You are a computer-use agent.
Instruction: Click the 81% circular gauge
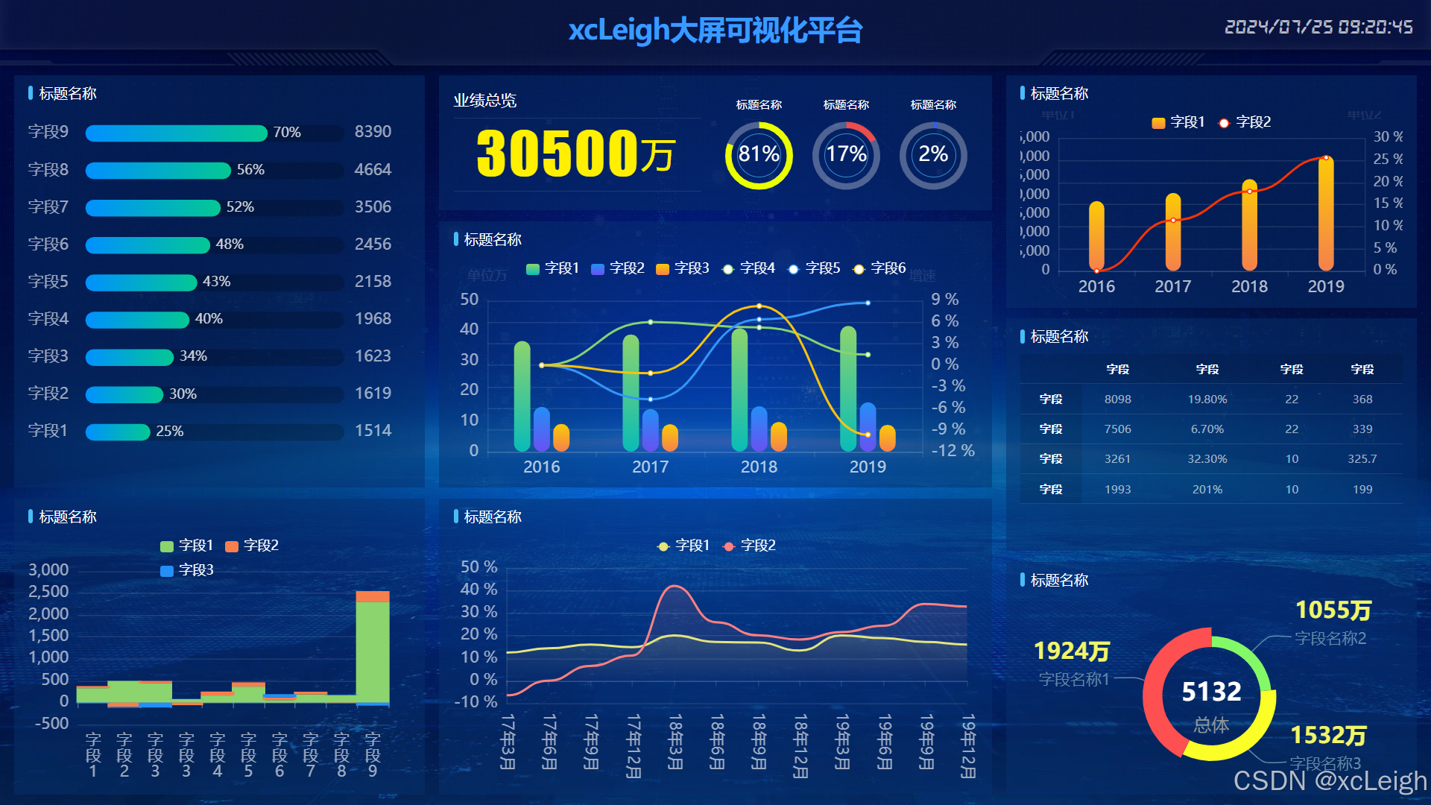pyautogui.click(x=759, y=155)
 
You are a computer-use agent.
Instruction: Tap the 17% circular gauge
pyautogui.click(x=846, y=155)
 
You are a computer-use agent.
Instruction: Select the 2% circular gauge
pyautogui.click(x=933, y=155)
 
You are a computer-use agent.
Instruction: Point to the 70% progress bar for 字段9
pyautogui.click(x=177, y=133)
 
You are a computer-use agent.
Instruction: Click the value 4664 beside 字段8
pyautogui.click(x=373, y=170)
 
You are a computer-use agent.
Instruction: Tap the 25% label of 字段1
pyautogui.click(x=170, y=432)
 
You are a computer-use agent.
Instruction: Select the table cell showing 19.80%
pyautogui.click(x=1207, y=400)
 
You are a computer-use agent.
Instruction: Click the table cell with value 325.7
pyautogui.click(x=1362, y=459)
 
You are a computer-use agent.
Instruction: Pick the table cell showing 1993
pyautogui.click(x=1117, y=490)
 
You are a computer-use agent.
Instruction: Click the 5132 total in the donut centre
pyautogui.click(x=1211, y=692)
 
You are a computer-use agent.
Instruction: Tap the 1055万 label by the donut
pyautogui.click(x=1333, y=610)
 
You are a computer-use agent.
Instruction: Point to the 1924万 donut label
pyautogui.click(x=1071, y=651)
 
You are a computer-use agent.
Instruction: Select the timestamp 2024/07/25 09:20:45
pyautogui.click(x=1318, y=28)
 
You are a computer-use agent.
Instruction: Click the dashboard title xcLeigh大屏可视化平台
pyautogui.click(x=715, y=31)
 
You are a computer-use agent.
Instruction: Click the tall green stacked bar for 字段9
pyautogui.click(x=373, y=651)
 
